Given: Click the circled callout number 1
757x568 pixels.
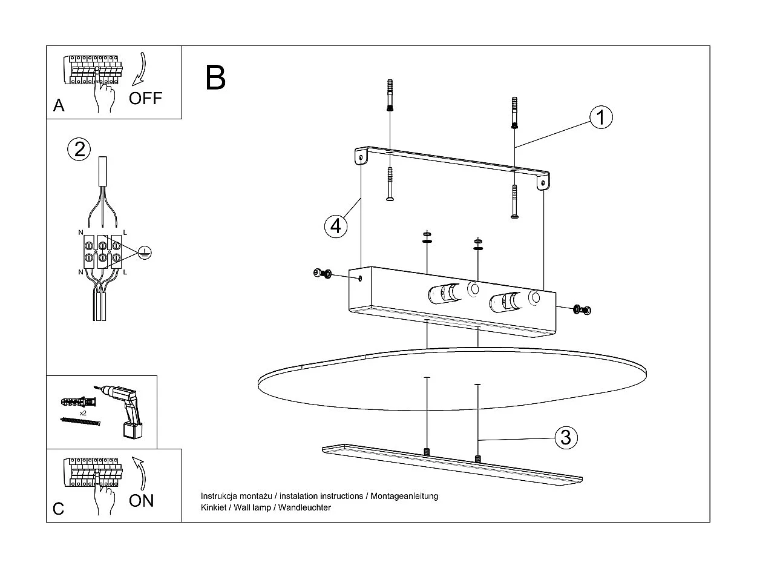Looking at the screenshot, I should [x=600, y=117].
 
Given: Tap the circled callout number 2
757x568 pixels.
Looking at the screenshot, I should [x=79, y=149].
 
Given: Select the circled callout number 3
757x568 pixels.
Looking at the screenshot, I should [x=566, y=437].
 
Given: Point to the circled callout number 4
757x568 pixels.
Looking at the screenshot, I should [x=336, y=226].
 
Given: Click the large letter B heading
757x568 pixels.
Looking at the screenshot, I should [x=215, y=78].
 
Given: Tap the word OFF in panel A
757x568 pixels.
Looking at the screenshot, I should [x=146, y=98].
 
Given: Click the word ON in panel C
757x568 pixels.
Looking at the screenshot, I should [x=142, y=500].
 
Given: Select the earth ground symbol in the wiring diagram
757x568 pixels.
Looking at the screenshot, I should [x=143, y=253].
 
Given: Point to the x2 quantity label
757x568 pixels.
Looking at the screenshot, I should [x=82, y=412].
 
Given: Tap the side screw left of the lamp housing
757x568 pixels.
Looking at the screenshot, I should [x=321, y=274].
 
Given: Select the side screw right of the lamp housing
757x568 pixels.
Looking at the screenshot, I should [x=583, y=310].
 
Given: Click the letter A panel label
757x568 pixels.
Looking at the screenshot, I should [x=59, y=105].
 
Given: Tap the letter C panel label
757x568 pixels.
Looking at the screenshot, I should [x=58, y=508].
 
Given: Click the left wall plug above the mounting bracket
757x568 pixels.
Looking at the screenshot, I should [x=390, y=96].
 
